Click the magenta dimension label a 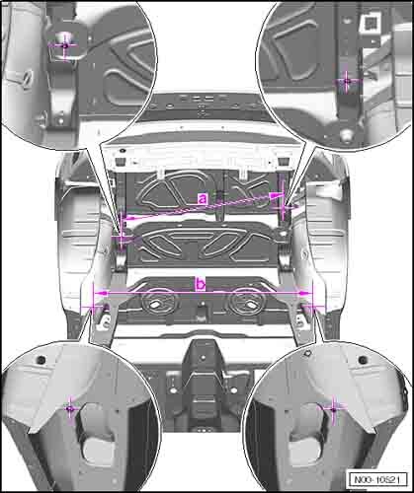pos(203,199)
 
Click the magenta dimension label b pos(201,284)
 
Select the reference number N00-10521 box pos(376,479)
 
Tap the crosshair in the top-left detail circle pos(64,46)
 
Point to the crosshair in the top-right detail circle pos(346,81)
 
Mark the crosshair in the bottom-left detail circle pos(70,408)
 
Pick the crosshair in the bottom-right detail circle pos(333,409)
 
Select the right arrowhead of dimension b pos(304,293)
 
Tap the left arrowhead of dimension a pos(131,217)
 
